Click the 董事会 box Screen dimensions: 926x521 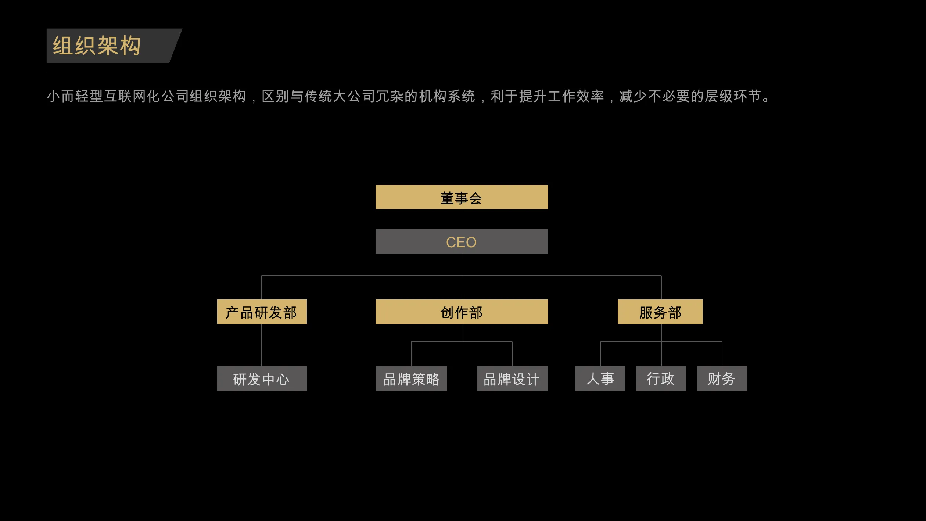click(x=462, y=197)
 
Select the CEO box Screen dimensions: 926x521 click(x=462, y=241)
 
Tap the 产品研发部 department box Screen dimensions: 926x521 click(x=262, y=312)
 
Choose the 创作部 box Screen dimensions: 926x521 click(x=462, y=312)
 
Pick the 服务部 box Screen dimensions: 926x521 click(x=660, y=312)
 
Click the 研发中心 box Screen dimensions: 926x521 click(x=262, y=378)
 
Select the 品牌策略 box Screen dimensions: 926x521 click(x=411, y=378)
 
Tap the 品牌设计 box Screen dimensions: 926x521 click(x=512, y=378)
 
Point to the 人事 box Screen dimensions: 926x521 click(x=600, y=378)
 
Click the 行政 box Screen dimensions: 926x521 click(x=661, y=378)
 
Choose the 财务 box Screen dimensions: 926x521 click(x=722, y=378)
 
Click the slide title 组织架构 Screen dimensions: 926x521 click(x=97, y=46)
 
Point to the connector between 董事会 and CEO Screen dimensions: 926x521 click(x=463, y=219)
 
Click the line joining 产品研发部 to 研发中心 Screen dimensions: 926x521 click(x=262, y=345)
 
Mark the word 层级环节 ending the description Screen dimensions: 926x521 click(x=733, y=96)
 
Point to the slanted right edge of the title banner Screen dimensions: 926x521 click(x=176, y=46)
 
